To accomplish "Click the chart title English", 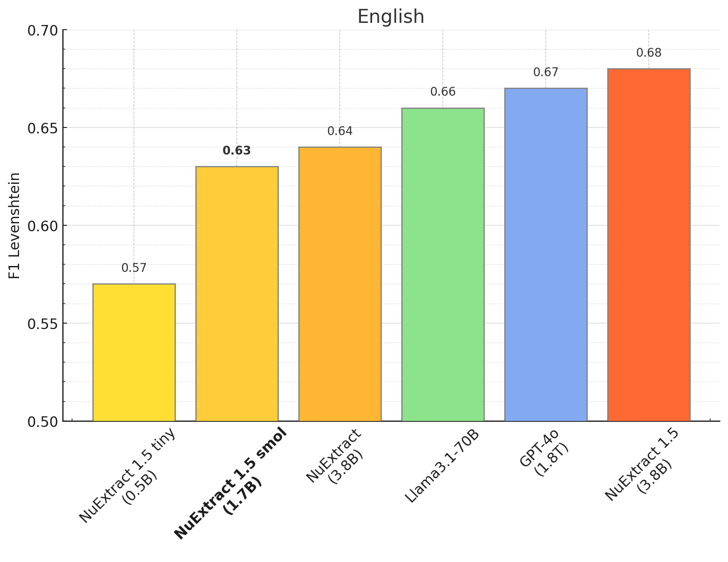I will coord(391,17).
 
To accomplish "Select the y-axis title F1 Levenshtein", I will coord(15,225).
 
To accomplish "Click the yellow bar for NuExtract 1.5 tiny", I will coord(134,352).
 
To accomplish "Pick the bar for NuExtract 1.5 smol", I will coord(237,294).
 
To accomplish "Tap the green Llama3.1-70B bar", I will coord(443,265).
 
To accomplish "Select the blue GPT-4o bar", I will coord(546,255).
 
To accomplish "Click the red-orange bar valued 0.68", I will coord(649,245).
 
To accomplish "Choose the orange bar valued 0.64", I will coord(340,284).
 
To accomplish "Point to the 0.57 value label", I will coord(134,268).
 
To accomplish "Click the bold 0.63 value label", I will coord(237,151).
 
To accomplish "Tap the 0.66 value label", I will coord(443,92).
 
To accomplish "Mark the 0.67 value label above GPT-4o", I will coord(546,72).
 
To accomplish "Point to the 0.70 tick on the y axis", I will coord(42,30).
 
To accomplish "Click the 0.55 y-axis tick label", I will coord(42,324).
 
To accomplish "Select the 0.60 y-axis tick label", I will coord(42,226).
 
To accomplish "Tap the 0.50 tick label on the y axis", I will coord(42,422).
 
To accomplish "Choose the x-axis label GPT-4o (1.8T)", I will coord(545,453).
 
